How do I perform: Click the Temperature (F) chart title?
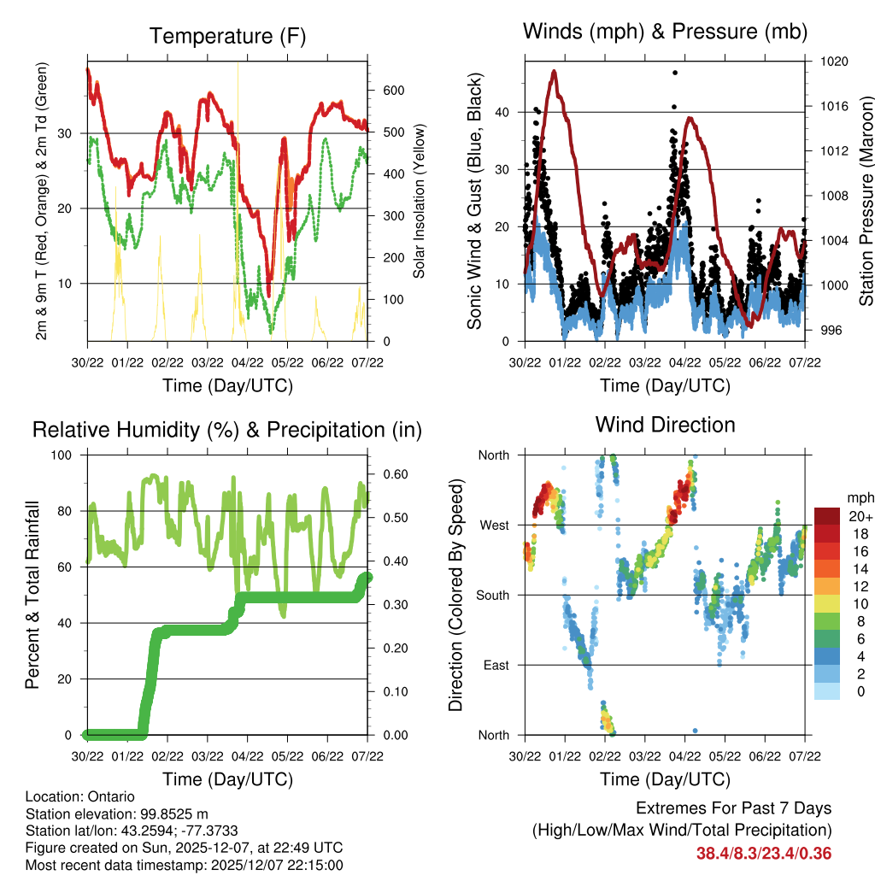click(226, 36)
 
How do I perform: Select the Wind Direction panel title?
click(665, 424)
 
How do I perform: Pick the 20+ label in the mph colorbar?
click(860, 516)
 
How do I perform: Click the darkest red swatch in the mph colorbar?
click(827, 515)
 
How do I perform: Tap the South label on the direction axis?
click(492, 595)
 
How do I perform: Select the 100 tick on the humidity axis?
click(71, 455)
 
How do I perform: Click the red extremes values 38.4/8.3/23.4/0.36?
click(764, 853)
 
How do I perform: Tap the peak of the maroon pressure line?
click(555, 72)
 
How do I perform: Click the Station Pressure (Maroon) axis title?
click(865, 201)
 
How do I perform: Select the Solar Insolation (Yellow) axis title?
click(419, 201)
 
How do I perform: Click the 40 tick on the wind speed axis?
click(505, 112)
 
